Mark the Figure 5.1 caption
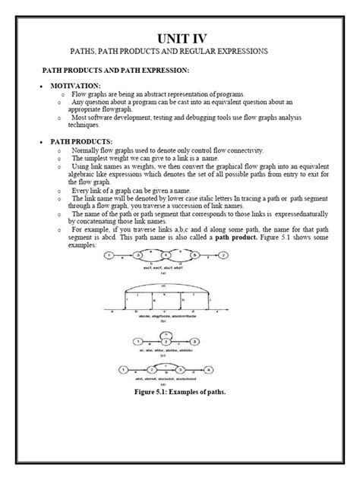(181, 394)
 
